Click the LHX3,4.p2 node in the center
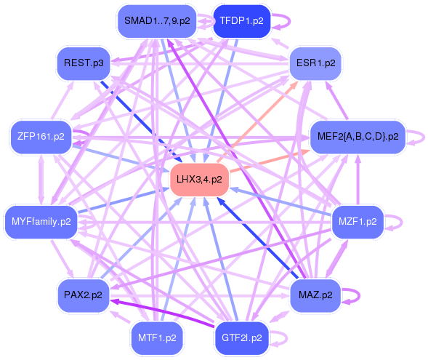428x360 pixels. click(x=199, y=180)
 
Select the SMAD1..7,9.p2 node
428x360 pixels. click(x=157, y=21)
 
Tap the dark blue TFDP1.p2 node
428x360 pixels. click(x=241, y=21)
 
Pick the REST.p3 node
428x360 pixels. click(x=84, y=63)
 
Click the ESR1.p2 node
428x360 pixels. click(x=315, y=63)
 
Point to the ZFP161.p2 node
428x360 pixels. click(x=41, y=136)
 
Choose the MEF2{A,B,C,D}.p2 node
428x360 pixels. click(x=358, y=136)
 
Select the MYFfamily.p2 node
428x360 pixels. click(x=41, y=222)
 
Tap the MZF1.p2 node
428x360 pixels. click(x=358, y=222)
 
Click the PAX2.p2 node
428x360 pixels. click(x=83, y=295)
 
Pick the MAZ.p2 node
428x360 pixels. click(x=315, y=295)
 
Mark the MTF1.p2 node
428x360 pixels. click(x=157, y=338)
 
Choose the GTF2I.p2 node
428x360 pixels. click(x=241, y=338)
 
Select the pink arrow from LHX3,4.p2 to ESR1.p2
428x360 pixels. click(x=257, y=122)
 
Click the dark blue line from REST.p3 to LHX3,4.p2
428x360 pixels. click(x=142, y=121)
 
